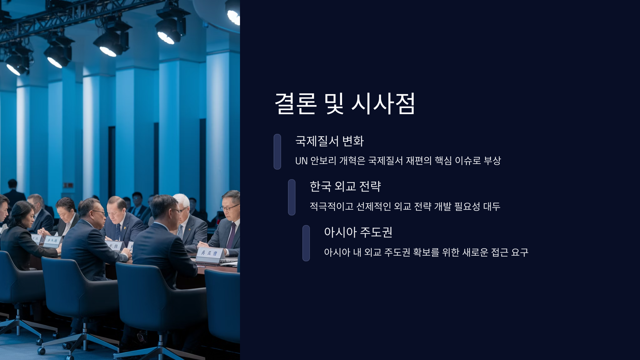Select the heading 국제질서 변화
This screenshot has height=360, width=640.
[x=329, y=141]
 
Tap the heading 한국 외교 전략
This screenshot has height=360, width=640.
[x=345, y=186]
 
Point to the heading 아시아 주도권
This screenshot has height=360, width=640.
[x=358, y=232]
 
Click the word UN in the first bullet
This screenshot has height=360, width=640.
[x=301, y=161]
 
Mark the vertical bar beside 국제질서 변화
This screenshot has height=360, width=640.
[x=277, y=151]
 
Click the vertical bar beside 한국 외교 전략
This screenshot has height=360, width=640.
[x=292, y=197]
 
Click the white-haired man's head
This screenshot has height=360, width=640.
[x=181, y=203]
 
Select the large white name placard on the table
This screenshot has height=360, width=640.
[x=210, y=253]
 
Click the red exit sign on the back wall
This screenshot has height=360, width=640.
[x=68, y=185]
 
